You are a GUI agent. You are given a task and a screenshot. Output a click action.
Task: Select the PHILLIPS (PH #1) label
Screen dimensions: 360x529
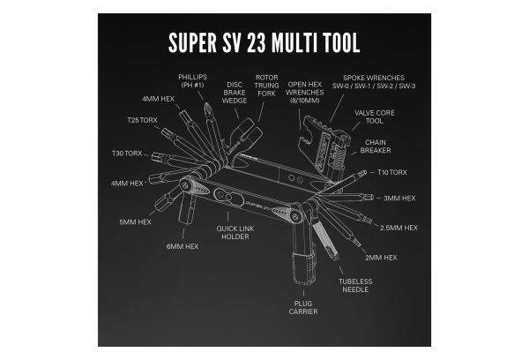[x=192, y=81]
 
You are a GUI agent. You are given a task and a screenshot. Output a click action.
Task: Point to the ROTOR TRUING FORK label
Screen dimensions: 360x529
[x=267, y=87]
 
